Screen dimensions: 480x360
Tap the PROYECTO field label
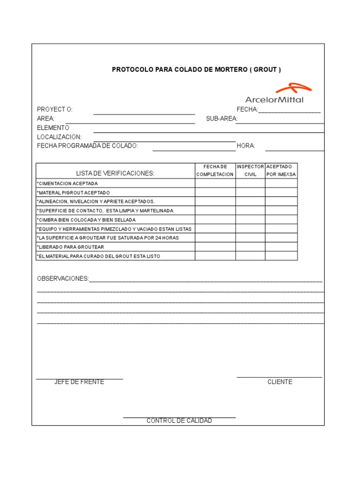point(54,109)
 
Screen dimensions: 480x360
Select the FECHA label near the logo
point(247,109)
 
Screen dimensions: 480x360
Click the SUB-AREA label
point(221,119)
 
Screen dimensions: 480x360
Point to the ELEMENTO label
point(53,127)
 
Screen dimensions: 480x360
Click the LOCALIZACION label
point(59,137)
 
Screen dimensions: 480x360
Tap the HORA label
point(246,146)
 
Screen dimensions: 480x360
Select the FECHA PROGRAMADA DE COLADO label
point(87,146)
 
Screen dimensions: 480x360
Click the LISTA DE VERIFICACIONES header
point(115,173)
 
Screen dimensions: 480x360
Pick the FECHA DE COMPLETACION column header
point(215,171)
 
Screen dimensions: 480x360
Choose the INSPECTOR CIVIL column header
point(250,171)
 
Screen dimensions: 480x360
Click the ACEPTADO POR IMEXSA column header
point(281,171)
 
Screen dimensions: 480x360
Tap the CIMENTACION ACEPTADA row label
point(67,183)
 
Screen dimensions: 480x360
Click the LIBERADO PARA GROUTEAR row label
point(70,247)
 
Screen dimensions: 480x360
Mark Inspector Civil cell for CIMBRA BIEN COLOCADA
point(250,220)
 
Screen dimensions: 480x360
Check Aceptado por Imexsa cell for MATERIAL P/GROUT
point(281,193)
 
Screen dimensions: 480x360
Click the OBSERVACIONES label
point(63,278)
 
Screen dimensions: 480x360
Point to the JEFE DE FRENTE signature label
point(79,382)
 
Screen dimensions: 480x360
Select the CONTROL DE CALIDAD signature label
point(179,420)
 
